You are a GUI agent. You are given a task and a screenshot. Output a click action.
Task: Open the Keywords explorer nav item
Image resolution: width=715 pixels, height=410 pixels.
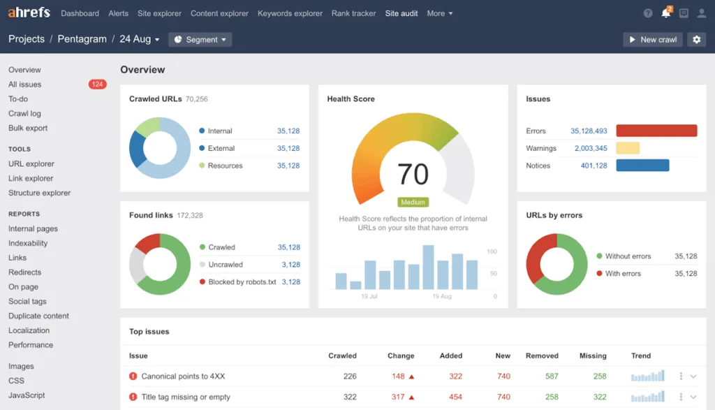pos(290,13)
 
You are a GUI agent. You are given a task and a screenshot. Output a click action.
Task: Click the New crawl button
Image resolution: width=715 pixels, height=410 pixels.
pos(652,40)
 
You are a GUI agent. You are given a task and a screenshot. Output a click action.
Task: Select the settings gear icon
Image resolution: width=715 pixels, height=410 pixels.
pos(696,40)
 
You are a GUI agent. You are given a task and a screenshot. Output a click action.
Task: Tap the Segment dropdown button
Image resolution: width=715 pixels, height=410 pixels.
pos(200,40)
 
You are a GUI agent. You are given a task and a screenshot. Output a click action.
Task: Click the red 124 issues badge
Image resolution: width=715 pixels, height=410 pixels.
pos(97,85)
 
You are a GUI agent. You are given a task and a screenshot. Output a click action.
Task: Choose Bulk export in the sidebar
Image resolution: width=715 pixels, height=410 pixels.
pos(28,128)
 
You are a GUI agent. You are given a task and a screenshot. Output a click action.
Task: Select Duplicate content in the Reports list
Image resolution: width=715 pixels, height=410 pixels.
pos(38,316)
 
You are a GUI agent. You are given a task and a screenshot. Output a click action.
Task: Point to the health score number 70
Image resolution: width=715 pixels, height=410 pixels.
pos(413,173)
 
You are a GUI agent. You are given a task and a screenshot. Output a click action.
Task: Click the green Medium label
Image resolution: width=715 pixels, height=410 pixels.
pos(413,203)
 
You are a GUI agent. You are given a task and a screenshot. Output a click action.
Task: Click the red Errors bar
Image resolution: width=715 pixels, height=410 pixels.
pos(656,131)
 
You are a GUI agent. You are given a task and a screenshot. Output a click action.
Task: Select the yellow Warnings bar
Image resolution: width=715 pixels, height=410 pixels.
pos(628,148)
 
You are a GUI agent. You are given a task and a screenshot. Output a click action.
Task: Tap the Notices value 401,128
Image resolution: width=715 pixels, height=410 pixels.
pos(594,166)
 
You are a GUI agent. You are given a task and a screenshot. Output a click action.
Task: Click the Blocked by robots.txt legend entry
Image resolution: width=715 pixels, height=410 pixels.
pos(242,282)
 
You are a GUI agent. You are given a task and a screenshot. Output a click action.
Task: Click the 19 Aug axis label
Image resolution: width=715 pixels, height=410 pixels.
pos(441,297)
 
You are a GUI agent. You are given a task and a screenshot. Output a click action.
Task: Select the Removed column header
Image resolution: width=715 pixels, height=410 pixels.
pos(542,356)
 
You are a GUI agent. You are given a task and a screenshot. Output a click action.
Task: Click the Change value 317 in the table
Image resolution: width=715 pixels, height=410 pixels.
pos(398,397)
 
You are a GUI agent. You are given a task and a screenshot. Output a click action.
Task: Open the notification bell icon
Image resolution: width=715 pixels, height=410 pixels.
pos(665,13)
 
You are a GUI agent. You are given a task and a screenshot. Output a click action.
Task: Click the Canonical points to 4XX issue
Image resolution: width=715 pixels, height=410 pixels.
pos(183,376)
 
